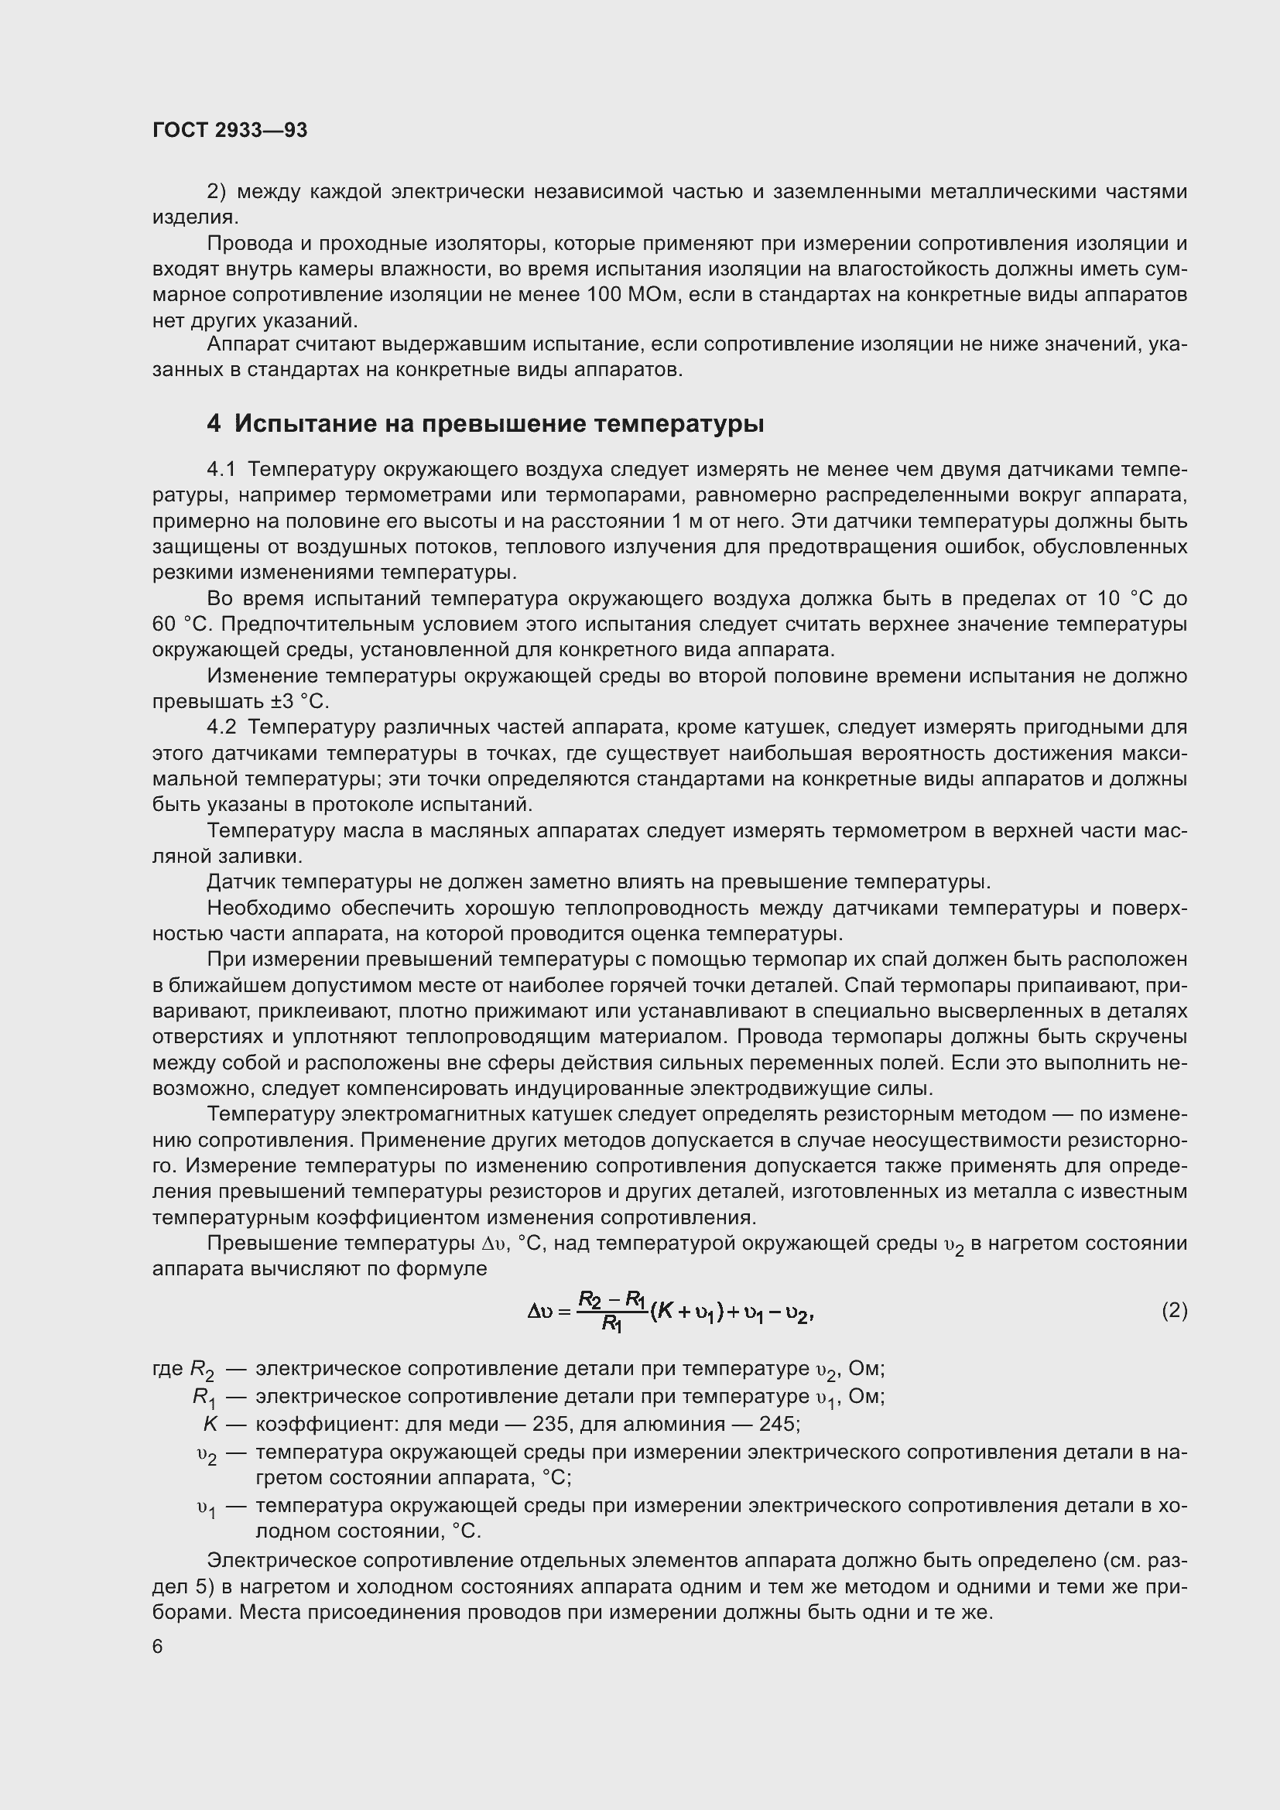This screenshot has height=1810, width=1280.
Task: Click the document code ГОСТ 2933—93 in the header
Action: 229,130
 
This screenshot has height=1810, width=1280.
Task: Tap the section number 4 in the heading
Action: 214,424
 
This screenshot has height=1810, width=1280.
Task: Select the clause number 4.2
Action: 222,727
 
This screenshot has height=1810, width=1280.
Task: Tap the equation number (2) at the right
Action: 1174,1310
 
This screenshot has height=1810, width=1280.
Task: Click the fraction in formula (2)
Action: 611,1310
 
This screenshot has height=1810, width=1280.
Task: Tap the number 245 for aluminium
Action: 779,1424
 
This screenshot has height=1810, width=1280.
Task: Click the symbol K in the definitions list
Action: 210,1424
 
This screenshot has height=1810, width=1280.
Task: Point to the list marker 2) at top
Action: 217,192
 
